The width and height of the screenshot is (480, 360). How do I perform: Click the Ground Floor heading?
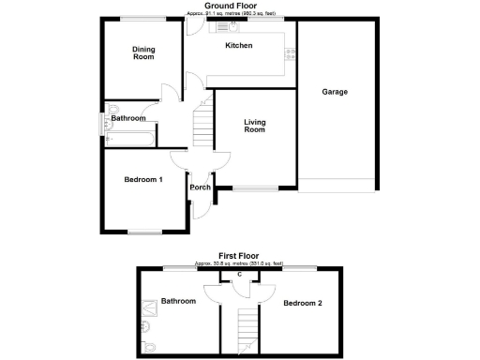[239, 6]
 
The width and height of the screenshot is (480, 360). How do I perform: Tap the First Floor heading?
[239, 255]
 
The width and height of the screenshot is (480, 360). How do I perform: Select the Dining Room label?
[142, 53]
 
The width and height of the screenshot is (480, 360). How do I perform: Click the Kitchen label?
[238, 45]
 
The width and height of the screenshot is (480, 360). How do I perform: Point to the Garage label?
[335, 92]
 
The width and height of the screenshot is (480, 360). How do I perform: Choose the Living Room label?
[255, 126]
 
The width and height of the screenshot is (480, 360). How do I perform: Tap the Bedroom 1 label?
[143, 180]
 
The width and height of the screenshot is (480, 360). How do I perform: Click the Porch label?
[200, 187]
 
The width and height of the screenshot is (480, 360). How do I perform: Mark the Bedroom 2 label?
[303, 303]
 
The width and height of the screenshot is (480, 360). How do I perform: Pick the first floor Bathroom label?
[178, 301]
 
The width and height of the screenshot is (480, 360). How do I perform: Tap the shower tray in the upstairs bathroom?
[150, 304]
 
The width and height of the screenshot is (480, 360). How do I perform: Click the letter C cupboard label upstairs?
[240, 275]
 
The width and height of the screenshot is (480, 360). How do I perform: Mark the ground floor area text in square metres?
[239, 14]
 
